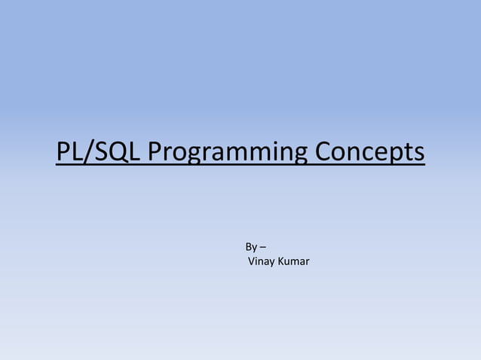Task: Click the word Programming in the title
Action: tap(228, 152)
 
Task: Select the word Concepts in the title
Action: tap(369, 152)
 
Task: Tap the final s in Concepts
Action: tap(419, 152)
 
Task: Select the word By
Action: tap(251, 247)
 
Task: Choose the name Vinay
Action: tap(262, 262)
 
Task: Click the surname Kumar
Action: tap(295, 262)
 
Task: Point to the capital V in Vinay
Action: tap(252, 262)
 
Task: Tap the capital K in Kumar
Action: tap(283, 262)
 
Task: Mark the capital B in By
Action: tap(249, 247)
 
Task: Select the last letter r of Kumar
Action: tap(308, 262)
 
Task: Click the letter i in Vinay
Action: tap(257, 262)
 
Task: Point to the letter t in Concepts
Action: tap(409, 152)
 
